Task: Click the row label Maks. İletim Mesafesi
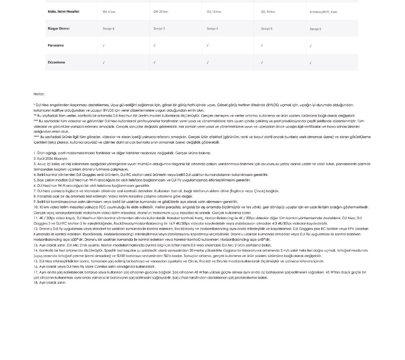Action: click(63, 12)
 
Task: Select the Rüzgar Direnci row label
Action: click(58, 28)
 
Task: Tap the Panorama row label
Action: click(56, 45)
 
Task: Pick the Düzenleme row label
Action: click(56, 63)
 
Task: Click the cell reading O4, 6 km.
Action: click(109, 12)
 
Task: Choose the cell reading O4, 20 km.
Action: click(161, 12)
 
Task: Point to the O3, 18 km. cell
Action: click(214, 12)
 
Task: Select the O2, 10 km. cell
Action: click(268, 12)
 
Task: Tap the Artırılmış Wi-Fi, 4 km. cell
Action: click(324, 12)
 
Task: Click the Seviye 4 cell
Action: click(108, 29)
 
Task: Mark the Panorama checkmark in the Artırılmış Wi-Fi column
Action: click(310, 45)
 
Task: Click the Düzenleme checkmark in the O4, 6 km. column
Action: click(103, 63)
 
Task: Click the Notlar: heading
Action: click(39, 94)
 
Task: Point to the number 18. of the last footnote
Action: click(36, 283)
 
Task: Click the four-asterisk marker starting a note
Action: click(36, 137)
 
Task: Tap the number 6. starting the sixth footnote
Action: click(35, 185)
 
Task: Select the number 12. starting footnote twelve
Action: click(36, 229)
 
